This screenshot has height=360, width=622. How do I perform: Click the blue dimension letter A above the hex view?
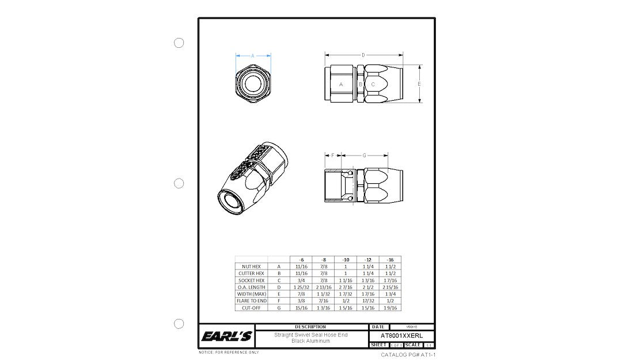[x=253, y=56]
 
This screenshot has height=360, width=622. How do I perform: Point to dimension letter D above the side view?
[x=363, y=55]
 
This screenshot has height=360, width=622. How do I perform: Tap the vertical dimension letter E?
[x=419, y=84]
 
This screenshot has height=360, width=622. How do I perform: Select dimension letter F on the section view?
[x=333, y=156]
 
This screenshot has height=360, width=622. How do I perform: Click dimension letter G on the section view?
[x=365, y=156]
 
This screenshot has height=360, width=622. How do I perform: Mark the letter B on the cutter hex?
[x=361, y=85]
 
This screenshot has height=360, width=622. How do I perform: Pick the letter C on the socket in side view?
[x=373, y=85]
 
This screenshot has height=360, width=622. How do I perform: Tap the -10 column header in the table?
[x=346, y=260]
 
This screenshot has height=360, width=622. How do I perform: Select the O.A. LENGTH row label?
[x=251, y=287]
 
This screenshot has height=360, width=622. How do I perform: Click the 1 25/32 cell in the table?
[x=301, y=287]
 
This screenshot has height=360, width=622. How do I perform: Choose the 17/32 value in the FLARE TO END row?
[x=367, y=301]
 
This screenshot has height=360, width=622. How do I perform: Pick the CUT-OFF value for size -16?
[x=390, y=308]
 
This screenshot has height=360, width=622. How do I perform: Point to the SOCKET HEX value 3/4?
[x=301, y=280]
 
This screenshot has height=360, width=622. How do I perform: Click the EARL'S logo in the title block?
[x=226, y=336]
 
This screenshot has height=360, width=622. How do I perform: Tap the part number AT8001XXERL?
[x=401, y=335]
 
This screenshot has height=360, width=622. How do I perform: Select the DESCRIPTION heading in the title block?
[x=310, y=327]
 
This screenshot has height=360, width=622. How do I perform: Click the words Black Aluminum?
[x=310, y=341]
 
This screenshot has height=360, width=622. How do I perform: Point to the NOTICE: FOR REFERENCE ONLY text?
[x=229, y=352]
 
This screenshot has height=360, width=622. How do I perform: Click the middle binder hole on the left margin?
[x=179, y=183]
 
